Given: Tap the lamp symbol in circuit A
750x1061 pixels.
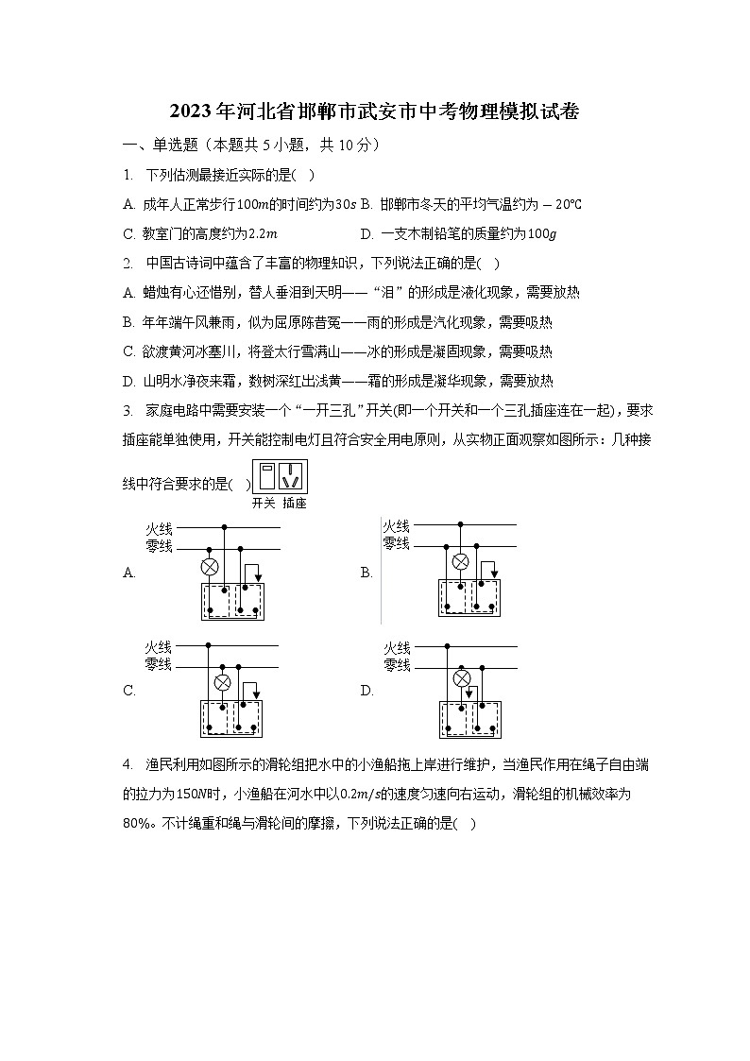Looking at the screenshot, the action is (211, 567).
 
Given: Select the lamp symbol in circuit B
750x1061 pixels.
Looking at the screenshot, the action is (460, 562).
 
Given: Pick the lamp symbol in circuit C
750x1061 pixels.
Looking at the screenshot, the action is (223, 682).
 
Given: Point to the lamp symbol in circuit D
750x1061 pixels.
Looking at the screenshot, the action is (462, 678).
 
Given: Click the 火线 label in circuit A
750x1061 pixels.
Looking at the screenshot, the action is (159, 528).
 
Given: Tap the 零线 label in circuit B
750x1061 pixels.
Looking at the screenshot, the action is (397, 543).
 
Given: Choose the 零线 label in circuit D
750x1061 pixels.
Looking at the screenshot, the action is (397, 665).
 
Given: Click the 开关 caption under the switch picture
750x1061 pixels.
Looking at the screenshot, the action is (264, 504).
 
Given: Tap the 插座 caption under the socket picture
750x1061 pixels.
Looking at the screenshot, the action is (295, 504).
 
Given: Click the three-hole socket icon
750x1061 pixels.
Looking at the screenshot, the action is (295, 476).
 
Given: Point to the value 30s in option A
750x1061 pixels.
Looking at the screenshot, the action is (347, 204).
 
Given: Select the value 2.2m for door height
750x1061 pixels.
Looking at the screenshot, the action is (262, 233).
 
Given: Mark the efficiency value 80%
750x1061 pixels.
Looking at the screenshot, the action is (138, 823).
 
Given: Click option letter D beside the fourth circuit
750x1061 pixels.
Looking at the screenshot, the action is (366, 691).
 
